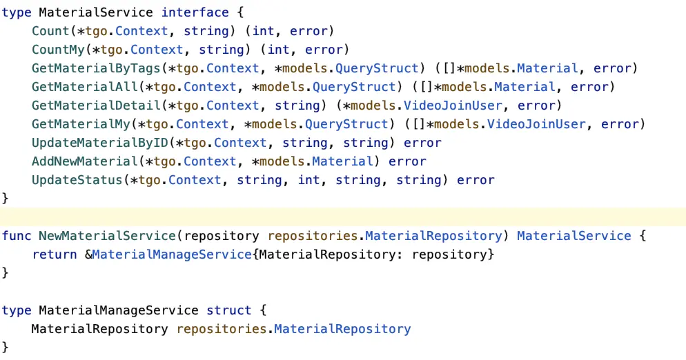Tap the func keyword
17,236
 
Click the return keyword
55,254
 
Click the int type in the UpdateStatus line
308,180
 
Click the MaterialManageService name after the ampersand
172,254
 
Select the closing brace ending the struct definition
6,347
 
